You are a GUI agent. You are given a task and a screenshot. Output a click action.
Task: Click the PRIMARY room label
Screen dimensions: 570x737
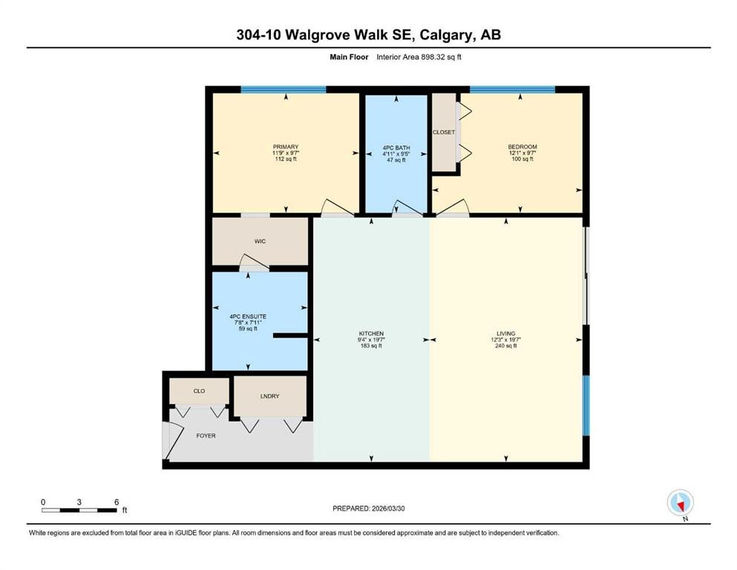pos(286,147)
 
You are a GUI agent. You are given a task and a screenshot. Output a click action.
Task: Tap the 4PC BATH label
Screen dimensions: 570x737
pos(395,147)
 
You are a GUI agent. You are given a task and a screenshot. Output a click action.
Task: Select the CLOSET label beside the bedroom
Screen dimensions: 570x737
pos(444,132)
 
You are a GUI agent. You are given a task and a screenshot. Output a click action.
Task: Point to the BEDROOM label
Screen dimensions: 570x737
pos(522,147)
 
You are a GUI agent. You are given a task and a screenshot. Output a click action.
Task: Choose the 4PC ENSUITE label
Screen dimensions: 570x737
pos(249,316)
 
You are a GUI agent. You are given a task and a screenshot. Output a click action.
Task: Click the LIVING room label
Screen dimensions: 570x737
pos(506,333)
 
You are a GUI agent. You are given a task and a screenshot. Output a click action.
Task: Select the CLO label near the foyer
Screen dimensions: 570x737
pos(199,390)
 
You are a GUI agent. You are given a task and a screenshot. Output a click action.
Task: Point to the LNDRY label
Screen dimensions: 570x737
pos(270,396)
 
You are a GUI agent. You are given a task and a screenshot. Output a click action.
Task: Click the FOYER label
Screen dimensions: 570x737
pos(206,436)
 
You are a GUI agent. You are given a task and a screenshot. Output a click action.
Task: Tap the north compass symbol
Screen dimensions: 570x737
pos(680,503)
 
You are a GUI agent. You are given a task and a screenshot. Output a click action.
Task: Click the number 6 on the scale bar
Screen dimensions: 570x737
pos(116,502)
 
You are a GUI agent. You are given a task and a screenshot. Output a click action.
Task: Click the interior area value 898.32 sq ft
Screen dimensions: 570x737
pos(442,56)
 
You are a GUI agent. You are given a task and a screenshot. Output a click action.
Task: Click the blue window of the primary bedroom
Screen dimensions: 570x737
pos(283,90)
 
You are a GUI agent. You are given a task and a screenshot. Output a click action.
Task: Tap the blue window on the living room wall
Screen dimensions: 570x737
pos(586,405)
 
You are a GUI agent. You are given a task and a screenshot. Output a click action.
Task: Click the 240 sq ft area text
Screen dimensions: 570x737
pos(506,346)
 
